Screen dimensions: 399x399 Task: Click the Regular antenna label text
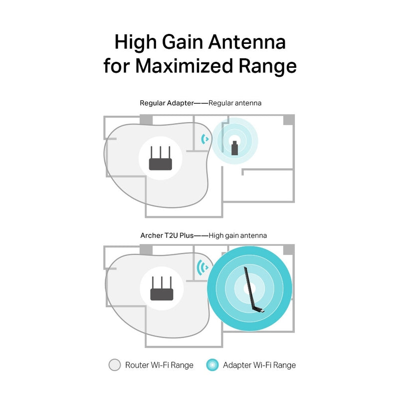click(235, 103)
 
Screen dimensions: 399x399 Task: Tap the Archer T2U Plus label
click(167, 235)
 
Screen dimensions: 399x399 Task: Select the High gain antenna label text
click(238, 235)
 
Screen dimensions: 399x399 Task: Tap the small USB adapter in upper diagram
click(234, 148)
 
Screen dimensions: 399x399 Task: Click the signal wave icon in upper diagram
click(204, 139)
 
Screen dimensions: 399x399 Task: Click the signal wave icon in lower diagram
click(202, 268)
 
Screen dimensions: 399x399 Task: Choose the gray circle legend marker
click(115, 365)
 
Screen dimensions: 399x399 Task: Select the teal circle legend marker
click(212, 365)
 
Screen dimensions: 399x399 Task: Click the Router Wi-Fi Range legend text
click(159, 365)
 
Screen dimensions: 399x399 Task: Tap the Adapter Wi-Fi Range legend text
click(259, 365)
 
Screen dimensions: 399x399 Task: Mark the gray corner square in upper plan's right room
click(289, 120)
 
